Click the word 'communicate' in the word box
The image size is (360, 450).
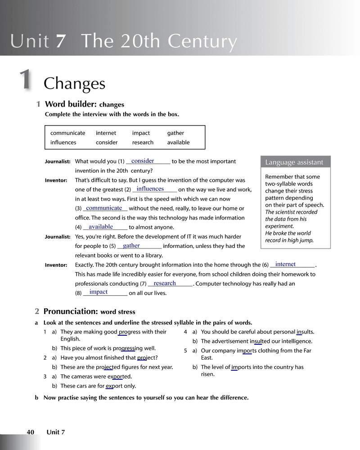(x=67, y=133)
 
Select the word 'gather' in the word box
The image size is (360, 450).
(x=175, y=133)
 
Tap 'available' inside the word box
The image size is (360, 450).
(x=178, y=143)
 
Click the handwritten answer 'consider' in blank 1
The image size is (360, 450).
(x=143, y=161)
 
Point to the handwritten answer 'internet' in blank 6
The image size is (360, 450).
(x=285, y=265)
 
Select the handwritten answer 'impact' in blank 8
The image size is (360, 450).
(x=99, y=292)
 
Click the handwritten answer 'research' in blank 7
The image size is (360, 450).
(x=165, y=283)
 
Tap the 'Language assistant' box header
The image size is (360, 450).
(x=294, y=162)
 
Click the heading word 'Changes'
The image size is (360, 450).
(x=74, y=84)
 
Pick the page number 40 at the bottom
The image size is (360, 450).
(x=31, y=432)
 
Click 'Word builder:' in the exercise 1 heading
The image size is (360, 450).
(x=71, y=104)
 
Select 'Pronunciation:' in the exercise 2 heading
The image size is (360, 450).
(x=71, y=311)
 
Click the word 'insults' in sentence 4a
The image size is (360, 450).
(x=303, y=332)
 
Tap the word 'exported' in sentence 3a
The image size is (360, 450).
(x=119, y=377)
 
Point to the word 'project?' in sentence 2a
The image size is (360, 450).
(x=148, y=358)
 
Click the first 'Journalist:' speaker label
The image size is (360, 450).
(x=58, y=162)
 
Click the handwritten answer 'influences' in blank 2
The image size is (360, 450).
(x=150, y=189)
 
